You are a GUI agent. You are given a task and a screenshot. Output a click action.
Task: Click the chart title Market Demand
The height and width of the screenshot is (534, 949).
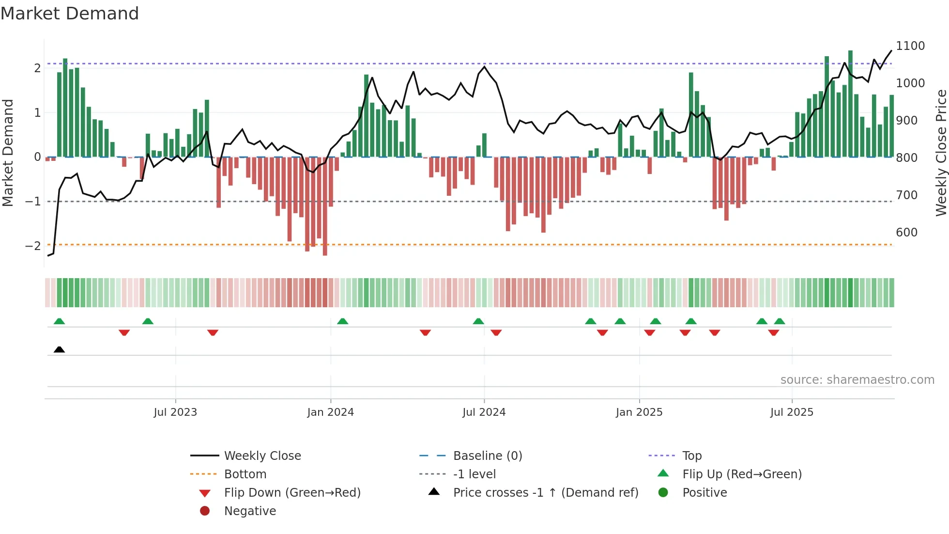70,14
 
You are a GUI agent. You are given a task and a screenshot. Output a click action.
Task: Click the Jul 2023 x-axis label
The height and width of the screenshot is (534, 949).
175,412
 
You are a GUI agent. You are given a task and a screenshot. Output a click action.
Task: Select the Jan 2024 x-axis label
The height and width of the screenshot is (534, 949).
331,412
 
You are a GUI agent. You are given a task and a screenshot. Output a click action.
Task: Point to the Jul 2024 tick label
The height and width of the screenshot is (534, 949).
484,412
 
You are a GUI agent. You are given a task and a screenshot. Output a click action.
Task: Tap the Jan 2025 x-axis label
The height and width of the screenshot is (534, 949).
639,412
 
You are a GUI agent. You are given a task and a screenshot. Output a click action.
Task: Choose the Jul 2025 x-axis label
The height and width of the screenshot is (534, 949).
792,412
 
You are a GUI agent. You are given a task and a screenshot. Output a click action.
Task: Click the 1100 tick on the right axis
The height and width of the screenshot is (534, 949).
910,46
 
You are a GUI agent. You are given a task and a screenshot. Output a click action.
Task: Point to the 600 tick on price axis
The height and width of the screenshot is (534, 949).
906,233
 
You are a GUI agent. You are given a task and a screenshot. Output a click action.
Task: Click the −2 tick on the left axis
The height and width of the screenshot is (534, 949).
33,246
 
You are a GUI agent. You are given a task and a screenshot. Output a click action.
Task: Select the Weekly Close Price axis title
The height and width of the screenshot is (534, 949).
941,153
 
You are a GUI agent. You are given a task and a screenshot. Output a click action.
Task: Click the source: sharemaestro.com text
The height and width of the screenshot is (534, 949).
857,380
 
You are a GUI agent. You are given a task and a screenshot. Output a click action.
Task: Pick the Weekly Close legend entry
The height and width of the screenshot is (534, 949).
262,456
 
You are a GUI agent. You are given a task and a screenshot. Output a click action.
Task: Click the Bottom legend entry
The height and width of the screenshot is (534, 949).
245,474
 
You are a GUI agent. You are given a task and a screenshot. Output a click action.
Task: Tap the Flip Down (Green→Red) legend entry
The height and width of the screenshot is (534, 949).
292,493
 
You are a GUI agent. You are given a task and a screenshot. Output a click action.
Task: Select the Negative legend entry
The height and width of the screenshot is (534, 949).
250,511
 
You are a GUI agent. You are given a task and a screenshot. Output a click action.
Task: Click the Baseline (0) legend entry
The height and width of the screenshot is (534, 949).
488,456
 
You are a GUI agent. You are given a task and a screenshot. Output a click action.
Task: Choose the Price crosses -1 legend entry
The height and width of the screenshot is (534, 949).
546,493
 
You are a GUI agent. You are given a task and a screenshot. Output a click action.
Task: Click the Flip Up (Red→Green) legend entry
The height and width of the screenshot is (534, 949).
742,474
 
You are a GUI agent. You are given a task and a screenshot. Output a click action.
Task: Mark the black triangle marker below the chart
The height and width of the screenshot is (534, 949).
59,350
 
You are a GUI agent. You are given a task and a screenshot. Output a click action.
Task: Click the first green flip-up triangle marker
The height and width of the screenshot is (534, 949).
59,321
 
